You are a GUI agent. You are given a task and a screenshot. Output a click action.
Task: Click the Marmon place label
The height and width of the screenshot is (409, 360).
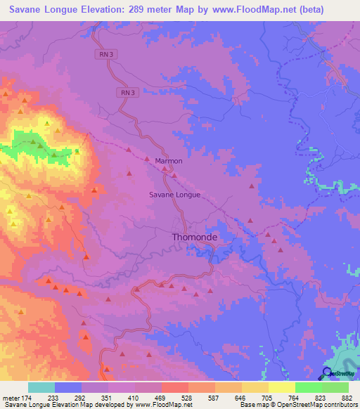tap(168, 161)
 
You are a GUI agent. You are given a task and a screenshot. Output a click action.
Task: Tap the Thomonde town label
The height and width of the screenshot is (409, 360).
tap(195, 238)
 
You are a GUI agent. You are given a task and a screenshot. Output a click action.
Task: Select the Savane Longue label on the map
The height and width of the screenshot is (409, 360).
tap(175, 195)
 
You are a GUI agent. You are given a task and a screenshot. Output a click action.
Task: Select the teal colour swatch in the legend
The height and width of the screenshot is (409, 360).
tap(41, 387)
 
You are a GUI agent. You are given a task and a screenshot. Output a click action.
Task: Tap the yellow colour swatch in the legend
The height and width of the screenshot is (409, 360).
tap(282, 387)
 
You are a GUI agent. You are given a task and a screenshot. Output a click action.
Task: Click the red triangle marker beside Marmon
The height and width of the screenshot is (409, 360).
tap(164, 169)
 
